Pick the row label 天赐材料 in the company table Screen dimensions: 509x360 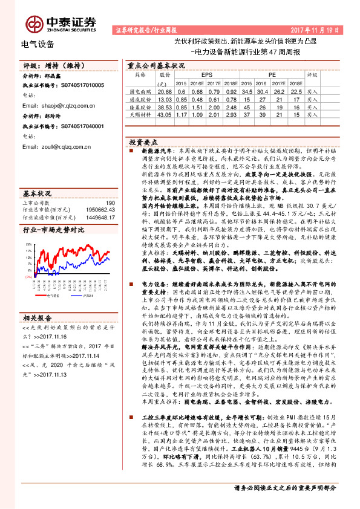point(140,114)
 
